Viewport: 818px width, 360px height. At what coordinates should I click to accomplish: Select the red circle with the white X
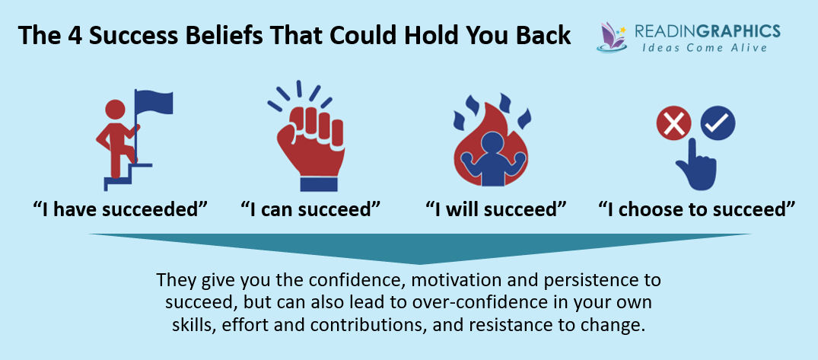click(672, 124)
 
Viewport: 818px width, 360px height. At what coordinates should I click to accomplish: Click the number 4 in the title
click(72, 37)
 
